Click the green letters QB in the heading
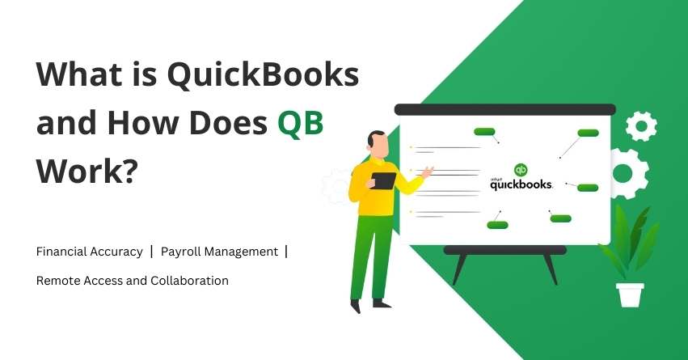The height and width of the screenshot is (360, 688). (x=300, y=125)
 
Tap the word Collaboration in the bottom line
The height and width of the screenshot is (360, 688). (x=188, y=280)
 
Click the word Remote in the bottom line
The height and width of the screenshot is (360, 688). (x=56, y=280)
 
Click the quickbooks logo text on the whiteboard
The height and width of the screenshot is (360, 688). (x=521, y=184)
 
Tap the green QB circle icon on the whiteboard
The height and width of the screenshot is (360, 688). (x=521, y=170)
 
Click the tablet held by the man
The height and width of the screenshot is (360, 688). (x=384, y=180)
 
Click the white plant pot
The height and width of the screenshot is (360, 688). (x=630, y=294)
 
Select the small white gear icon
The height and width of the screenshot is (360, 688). (x=641, y=125)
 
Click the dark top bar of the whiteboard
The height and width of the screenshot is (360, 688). (x=504, y=109)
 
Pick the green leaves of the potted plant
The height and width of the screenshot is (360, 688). (x=631, y=239)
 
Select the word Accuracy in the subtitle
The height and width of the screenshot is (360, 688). (x=119, y=252)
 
